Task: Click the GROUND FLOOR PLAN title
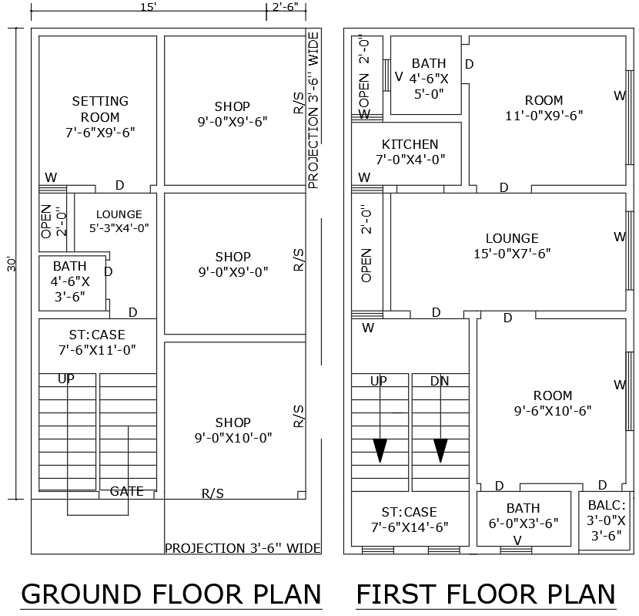point(171,594)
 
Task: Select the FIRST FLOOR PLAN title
point(485,594)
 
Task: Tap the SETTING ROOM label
point(100,116)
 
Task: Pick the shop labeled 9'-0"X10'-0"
point(233,430)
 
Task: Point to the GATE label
point(126,491)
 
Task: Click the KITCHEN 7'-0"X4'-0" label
point(410,152)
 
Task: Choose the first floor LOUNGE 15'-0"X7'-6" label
point(512,246)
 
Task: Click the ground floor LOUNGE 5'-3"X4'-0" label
point(119,221)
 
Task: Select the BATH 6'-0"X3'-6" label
point(523,515)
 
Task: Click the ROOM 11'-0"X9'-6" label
point(544,108)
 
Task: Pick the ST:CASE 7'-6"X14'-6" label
point(409,520)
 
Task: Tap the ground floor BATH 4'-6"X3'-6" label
point(70,281)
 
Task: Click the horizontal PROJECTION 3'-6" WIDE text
point(243,548)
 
